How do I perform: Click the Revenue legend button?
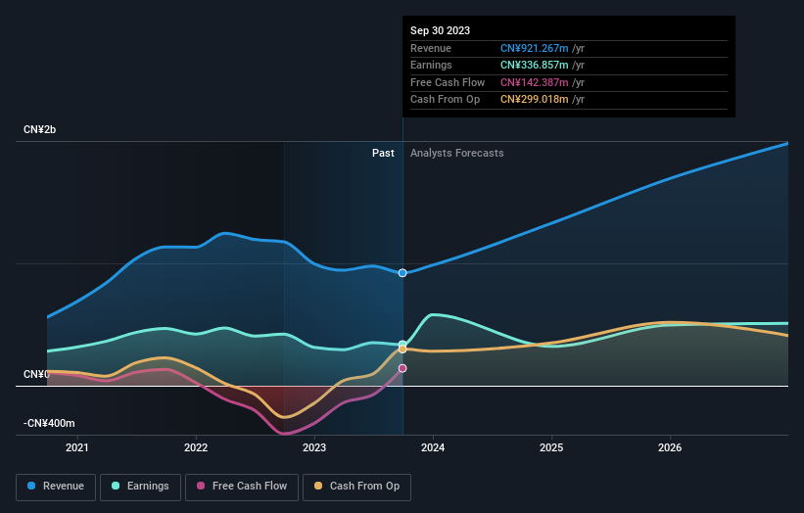[57, 486]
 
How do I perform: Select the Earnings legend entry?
[140, 486]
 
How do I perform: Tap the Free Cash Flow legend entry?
[241, 486]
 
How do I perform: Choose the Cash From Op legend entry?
[357, 486]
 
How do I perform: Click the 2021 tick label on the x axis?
[77, 448]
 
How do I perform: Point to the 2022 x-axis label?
[196, 448]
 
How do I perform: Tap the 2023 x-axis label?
[314, 448]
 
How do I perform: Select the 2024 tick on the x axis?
[433, 448]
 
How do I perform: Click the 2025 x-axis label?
[551, 448]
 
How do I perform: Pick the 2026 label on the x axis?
[670, 448]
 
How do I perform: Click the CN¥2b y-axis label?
[40, 130]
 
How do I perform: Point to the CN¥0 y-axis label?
[36, 375]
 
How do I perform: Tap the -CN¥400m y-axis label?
[49, 423]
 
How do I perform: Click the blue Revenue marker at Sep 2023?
[402, 272]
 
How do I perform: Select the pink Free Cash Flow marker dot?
[402, 368]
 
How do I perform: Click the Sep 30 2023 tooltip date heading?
[440, 30]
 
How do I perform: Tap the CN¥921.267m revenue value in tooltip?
[535, 48]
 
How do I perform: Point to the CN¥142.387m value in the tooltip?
[535, 82]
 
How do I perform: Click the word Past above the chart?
[383, 153]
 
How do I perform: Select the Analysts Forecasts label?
[457, 153]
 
